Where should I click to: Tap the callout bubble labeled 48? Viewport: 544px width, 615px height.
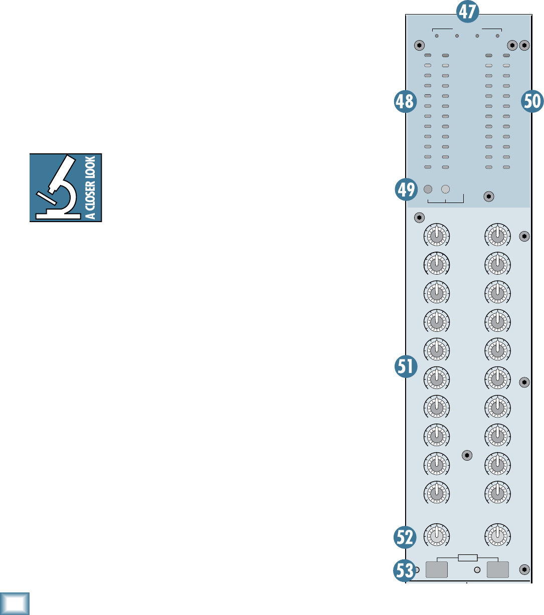point(405,102)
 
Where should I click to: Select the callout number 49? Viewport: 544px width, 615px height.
point(405,189)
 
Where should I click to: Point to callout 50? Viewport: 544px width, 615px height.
point(532,102)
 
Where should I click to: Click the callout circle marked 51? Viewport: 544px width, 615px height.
point(405,366)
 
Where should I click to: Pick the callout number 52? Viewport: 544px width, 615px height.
point(405,537)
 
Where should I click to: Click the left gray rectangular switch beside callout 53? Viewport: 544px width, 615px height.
point(436,570)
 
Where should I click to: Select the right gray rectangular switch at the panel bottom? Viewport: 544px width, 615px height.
point(498,570)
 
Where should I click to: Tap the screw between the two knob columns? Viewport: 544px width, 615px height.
point(467,455)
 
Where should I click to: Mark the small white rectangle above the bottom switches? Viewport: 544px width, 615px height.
point(467,558)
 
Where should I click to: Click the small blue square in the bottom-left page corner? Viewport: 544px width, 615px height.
point(15,603)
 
